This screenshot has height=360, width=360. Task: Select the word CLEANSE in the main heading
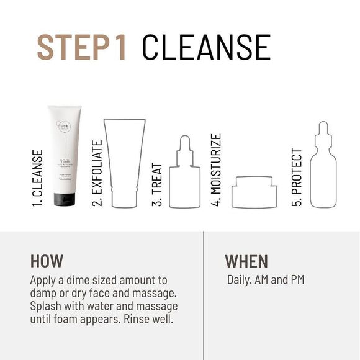(206, 47)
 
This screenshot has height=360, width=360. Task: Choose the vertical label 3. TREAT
(158, 183)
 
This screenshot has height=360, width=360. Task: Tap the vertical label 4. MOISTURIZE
(217, 169)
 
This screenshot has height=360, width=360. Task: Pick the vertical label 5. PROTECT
(297, 177)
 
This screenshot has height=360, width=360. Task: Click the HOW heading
(47, 261)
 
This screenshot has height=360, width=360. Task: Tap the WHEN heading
(246, 261)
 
